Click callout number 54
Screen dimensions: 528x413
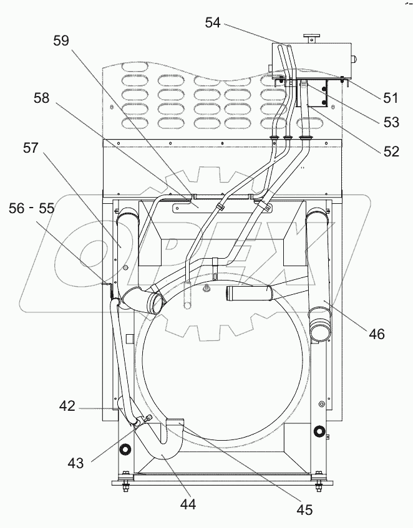click(x=213, y=23)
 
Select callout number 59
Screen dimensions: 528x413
click(x=61, y=42)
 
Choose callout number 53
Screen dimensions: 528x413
click(x=391, y=123)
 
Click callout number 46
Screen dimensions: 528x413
click(x=376, y=334)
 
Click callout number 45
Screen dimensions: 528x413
click(x=304, y=510)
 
